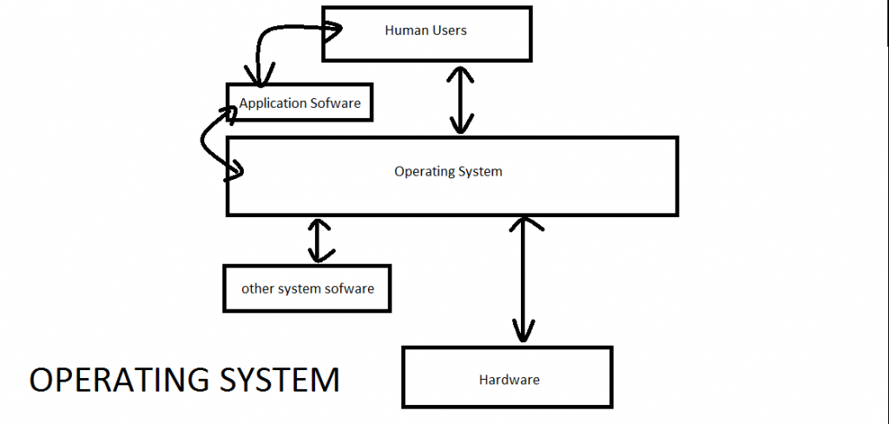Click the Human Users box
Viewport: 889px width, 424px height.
pyautogui.click(x=426, y=35)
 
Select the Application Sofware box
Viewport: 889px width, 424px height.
pyautogui.click(x=300, y=103)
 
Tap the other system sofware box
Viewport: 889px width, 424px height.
pyautogui.click(x=306, y=288)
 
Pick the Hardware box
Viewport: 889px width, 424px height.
pyautogui.click(x=508, y=378)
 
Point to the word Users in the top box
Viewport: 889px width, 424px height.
pyautogui.click(x=449, y=30)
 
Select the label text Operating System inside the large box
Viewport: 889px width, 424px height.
pyautogui.click(x=448, y=171)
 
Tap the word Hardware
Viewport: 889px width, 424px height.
pyautogui.click(x=509, y=380)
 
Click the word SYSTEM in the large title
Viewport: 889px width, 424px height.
pyautogui.click(x=287, y=381)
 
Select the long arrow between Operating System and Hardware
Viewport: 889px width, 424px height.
pyautogui.click(x=523, y=278)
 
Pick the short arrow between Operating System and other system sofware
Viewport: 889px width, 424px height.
pyautogui.click(x=320, y=241)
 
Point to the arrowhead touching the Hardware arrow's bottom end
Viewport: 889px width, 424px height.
pyautogui.click(x=523, y=333)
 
